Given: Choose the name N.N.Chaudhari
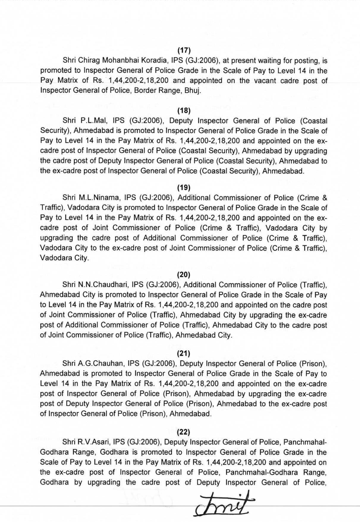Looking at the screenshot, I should [x=103, y=285].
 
